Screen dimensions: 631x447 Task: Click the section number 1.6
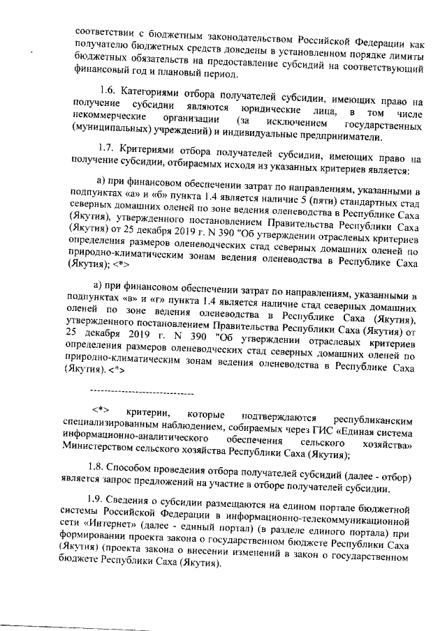tap(108, 91)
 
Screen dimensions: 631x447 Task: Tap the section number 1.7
tap(108, 149)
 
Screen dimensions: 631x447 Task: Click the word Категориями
tap(149, 91)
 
